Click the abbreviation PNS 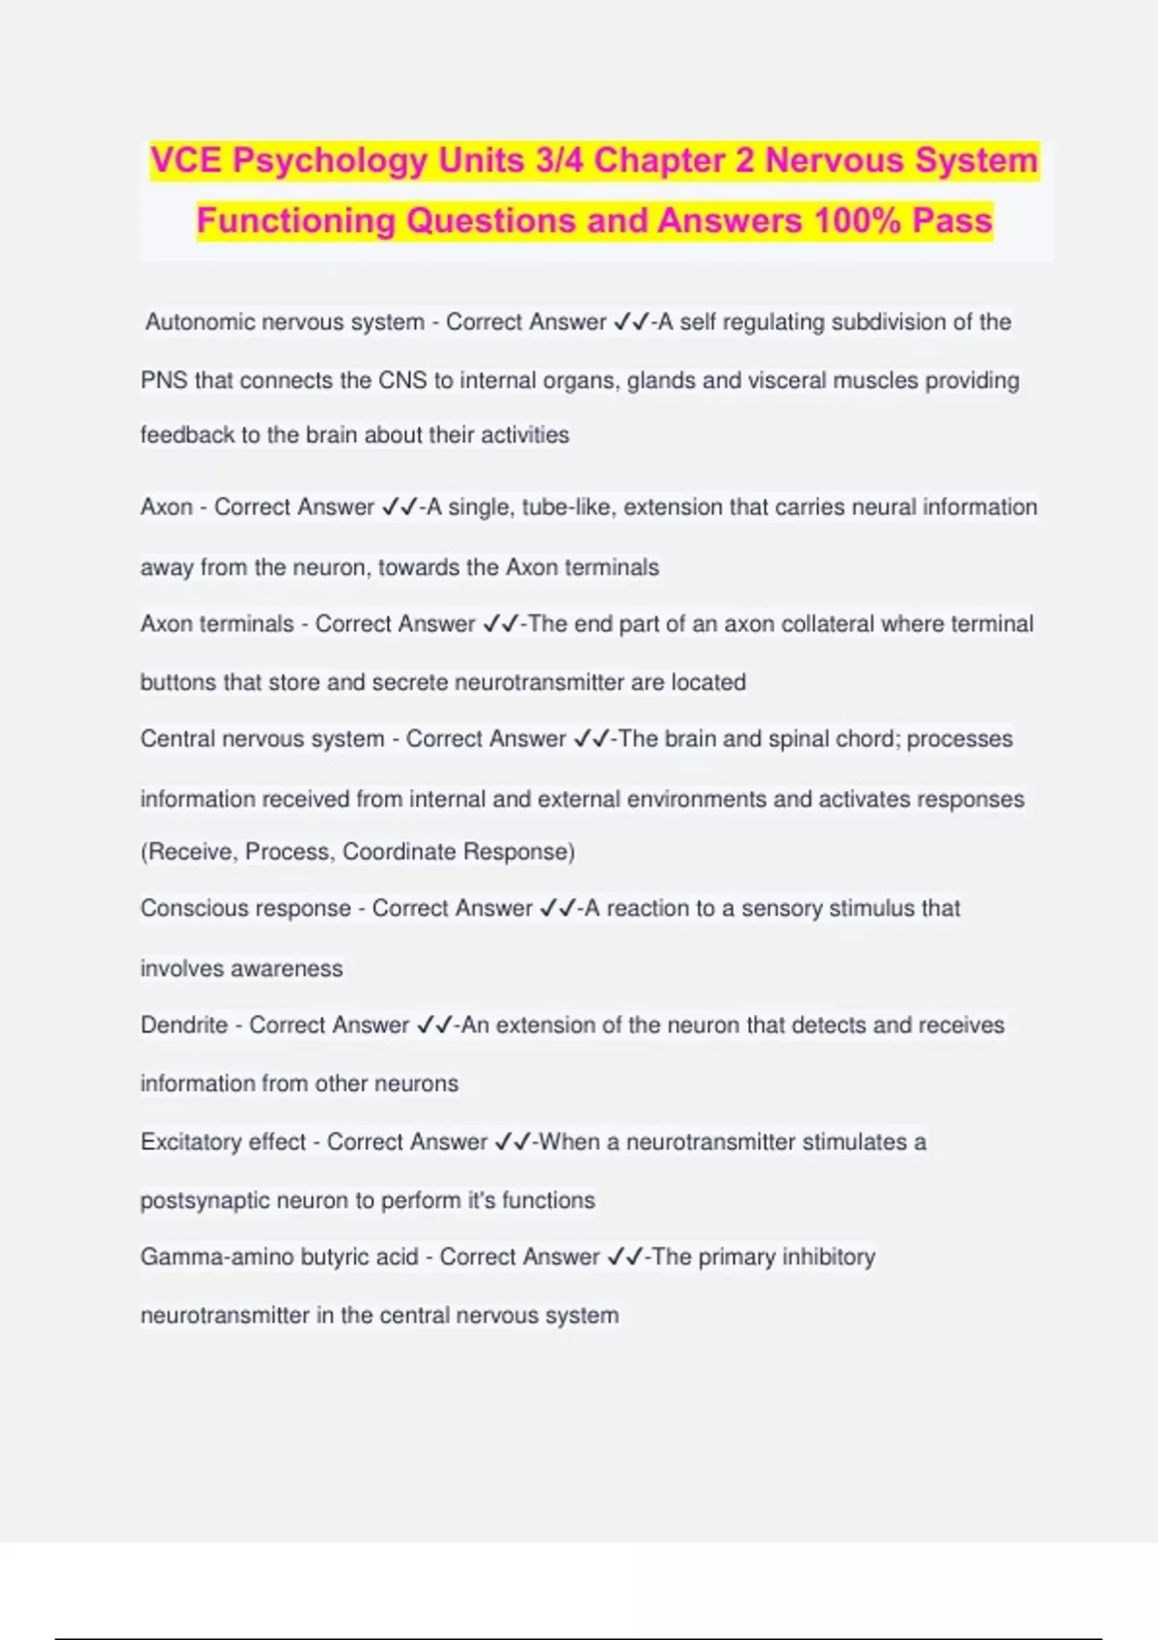click(163, 381)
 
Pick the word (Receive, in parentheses click(188, 852)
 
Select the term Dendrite click(184, 1025)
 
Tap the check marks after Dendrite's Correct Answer click(434, 1025)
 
